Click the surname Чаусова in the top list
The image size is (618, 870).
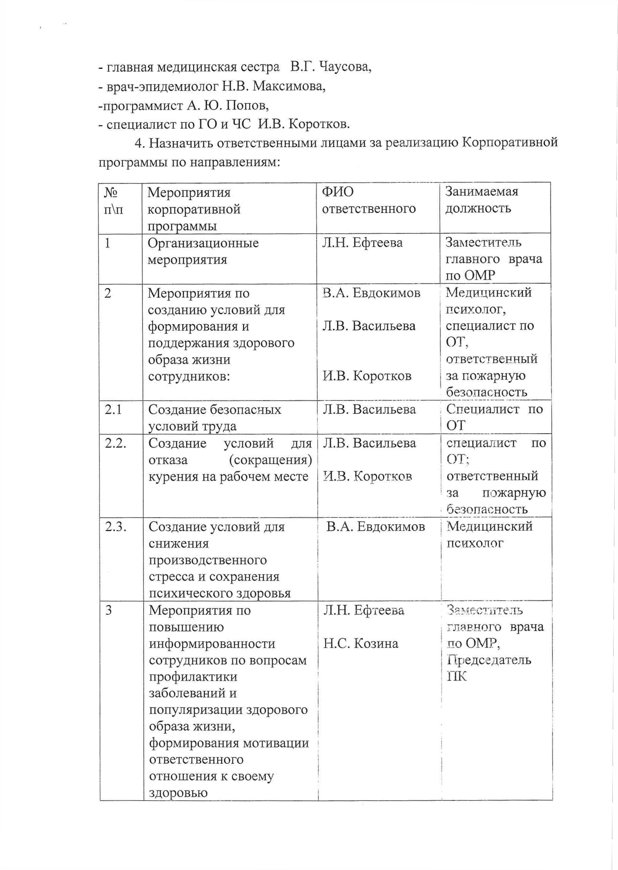click(x=344, y=67)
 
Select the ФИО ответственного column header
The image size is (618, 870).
click(x=368, y=200)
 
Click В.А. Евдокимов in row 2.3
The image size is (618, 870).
click(x=375, y=527)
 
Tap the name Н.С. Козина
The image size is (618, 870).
click(x=360, y=643)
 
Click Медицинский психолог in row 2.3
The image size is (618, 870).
click(x=489, y=534)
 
